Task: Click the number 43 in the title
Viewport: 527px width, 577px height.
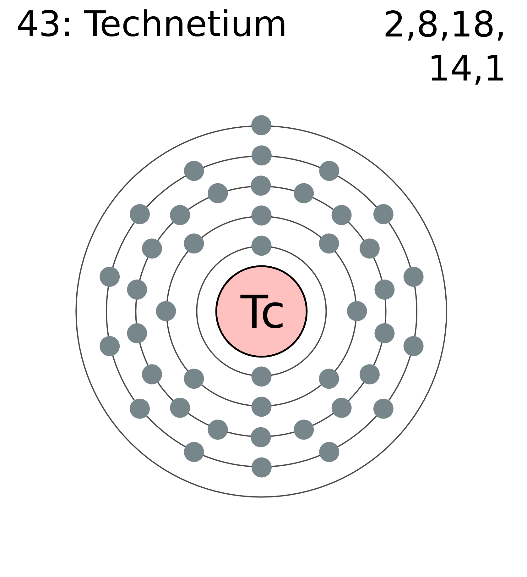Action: click(38, 25)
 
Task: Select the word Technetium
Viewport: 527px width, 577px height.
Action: click(185, 25)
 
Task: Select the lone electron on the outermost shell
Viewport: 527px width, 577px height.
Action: click(261, 125)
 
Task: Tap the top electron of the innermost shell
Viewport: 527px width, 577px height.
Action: click(261, 246)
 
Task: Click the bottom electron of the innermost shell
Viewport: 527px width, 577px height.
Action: click(261, 376)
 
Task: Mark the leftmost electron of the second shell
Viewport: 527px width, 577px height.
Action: click(166, 311)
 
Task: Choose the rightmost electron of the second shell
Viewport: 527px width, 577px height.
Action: click(357, 311)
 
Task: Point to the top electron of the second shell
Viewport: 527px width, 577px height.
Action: click(261, 216)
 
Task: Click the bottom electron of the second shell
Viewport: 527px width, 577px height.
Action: click(261, 407)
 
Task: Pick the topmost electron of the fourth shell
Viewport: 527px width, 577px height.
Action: click(261, 155)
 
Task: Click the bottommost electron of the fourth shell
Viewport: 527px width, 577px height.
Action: click(261, 467)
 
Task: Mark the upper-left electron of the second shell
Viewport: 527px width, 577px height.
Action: click(194, 243)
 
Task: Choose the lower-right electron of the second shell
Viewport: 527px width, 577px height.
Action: click(329, 379)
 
